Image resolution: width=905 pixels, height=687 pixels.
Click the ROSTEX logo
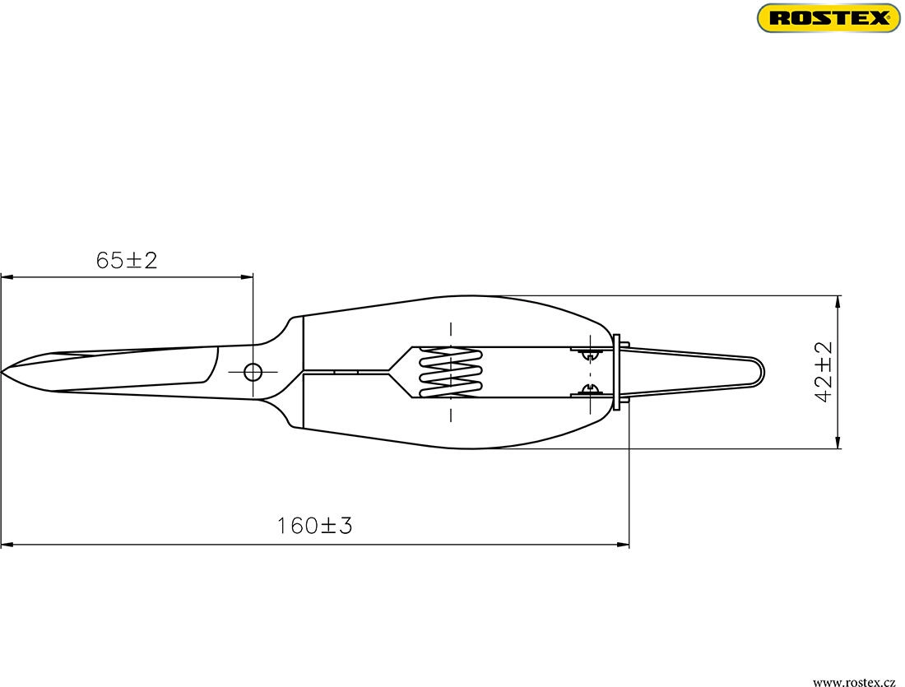[828, 18]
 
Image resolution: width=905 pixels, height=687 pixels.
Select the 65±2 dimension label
[127, 260]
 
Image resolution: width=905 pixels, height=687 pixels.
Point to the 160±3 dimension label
[314, 526]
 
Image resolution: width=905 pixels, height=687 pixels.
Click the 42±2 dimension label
[824, 372]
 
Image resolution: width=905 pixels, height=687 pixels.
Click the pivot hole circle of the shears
[253, 372]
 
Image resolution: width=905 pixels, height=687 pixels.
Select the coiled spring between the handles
[450, 373]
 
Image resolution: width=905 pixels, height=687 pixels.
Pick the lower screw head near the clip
[588, 391]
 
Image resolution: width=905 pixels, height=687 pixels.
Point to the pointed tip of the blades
[2, 373]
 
